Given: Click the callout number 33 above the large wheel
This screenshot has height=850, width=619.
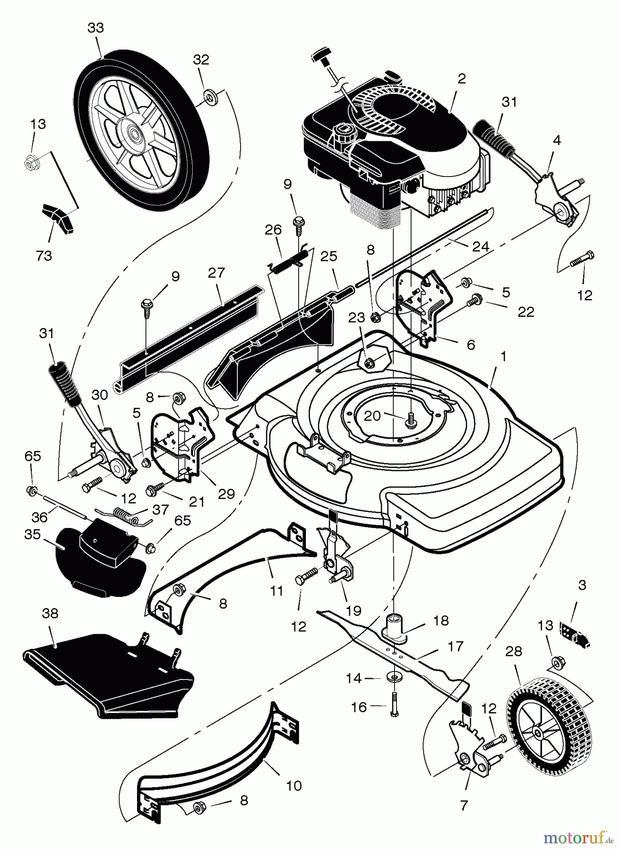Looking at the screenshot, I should (95, 28).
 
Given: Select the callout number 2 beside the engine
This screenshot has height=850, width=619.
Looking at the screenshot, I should (462, 79).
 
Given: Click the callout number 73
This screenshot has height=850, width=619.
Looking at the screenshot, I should (44, 255).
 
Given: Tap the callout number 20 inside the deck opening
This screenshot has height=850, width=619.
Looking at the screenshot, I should (372, 415).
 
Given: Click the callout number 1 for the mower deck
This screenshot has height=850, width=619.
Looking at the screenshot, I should (503, 357).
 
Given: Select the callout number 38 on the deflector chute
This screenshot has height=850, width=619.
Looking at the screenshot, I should (50, 613).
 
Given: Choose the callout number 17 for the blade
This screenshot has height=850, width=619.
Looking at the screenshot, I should (456, 646).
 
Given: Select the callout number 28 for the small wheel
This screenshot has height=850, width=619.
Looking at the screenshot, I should (514, 652).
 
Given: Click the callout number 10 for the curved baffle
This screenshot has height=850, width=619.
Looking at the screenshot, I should (293, 786).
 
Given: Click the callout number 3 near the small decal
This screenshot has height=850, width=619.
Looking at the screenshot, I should (582, 585).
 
